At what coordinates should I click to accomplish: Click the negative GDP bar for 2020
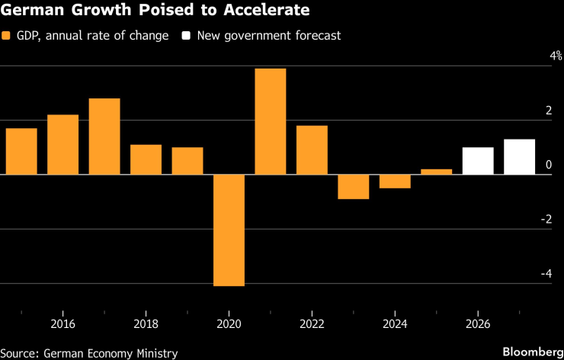pos(229,230)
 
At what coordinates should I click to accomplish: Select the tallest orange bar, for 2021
pos(270,121)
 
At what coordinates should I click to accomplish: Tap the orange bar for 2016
pos(62,144)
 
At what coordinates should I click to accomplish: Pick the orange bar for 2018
pos(146,159)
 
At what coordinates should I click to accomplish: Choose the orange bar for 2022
pos(312,150)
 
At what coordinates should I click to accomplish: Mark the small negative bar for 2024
pos(395,182)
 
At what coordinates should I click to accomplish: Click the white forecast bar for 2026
pos(478,161)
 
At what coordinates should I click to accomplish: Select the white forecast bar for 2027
pos(519,157)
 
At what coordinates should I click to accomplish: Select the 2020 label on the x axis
pos(229,323)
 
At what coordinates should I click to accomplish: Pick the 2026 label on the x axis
pos(478,323)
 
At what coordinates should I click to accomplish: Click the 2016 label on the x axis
pos(62,323)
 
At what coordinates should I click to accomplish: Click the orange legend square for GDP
pos(7,36)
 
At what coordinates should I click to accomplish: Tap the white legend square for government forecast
pos(186,36)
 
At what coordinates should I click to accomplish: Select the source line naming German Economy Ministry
pos(89,353)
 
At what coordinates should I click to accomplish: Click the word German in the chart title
pos(30,11)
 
